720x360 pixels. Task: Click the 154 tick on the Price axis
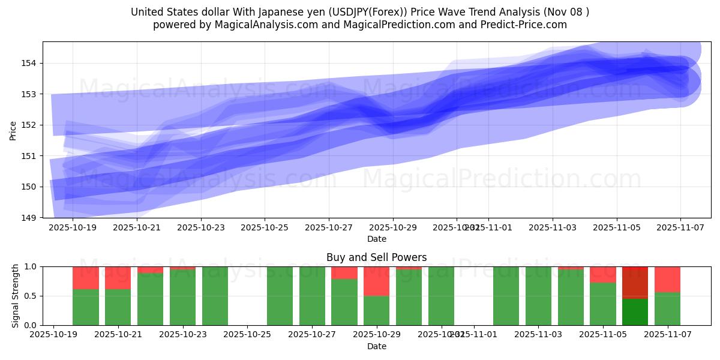click(x=31, y=63)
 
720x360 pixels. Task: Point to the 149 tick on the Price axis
click(x=31, y=217)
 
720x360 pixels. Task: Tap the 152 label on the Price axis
click(x=31, y=125)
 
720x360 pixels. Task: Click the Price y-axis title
click(x=13, y=130)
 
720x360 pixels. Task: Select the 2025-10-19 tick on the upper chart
click(x=73, y=228)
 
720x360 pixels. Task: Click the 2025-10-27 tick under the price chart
click(x=329, y=228)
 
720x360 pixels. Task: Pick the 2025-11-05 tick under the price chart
click(x=617, y=228)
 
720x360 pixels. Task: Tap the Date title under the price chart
click(x=377, y=239)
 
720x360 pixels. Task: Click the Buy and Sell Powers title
click(x=377, y=257)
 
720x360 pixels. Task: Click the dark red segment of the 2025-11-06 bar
click(x=635, y=282)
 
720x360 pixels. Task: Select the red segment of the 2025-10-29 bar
click(x=377, y=281)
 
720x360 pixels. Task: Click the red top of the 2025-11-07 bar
click(x=667, y=279)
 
